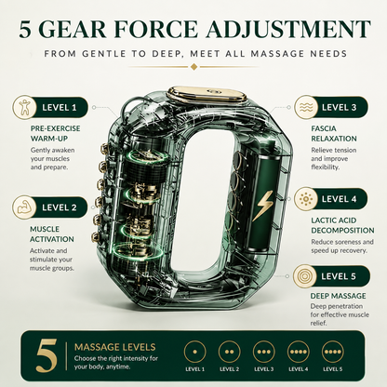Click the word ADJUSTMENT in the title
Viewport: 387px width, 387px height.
287,30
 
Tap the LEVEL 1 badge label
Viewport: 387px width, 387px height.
60,108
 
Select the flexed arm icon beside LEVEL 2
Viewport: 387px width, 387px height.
24,207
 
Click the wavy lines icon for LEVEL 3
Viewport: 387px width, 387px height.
306,107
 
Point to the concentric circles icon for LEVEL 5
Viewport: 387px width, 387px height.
305,275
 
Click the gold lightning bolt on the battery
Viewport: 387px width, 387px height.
262,206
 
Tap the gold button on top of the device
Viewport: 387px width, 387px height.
207,94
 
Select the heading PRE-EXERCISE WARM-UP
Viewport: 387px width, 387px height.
55,133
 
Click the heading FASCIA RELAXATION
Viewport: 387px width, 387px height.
334,133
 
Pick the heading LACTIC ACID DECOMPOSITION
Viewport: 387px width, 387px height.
342,225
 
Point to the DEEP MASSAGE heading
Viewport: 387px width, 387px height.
339,296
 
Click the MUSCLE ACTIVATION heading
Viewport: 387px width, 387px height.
52,234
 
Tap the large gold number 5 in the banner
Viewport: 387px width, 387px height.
47,355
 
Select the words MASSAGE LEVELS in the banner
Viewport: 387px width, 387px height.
115,347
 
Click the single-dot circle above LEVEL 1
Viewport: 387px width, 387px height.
194,352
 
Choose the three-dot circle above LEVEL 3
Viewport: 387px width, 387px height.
263,352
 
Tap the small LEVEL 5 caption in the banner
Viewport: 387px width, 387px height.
332,369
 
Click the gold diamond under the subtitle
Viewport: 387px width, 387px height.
193,67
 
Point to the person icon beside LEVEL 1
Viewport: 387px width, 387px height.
24,107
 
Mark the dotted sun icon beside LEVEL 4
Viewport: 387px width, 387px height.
305,198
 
